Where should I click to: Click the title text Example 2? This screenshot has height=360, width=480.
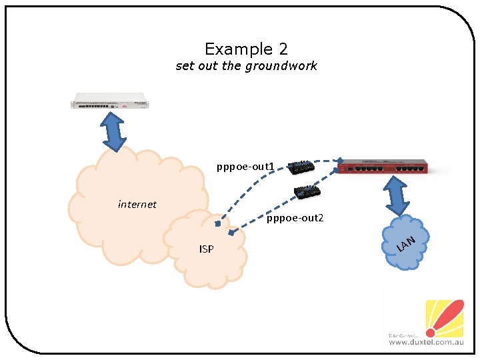pyautogui.click(x=246, y=49)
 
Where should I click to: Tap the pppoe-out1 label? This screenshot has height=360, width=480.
pyautogui.click(x=245, y=165)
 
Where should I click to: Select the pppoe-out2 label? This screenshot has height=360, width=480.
pyautogui.click(x=295, y=218)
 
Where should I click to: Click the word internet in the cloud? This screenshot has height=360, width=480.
pyautogui.click(x=137, y=205)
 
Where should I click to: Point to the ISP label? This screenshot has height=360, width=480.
pyautogui.click(x=207, y=249)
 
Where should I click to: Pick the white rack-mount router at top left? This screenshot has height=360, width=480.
pyautogui.click(x=110, y=104)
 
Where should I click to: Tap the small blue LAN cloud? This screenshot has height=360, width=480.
pyautogui.click(x=406, y=243)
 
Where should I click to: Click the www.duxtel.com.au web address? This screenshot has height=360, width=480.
pyautogui.click(x=425, y=342)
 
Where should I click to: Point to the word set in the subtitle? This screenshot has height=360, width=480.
pyautogui.click(x=185, y=66)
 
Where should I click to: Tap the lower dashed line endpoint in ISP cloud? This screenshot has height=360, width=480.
pyautogui.click(x=231, y=233)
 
